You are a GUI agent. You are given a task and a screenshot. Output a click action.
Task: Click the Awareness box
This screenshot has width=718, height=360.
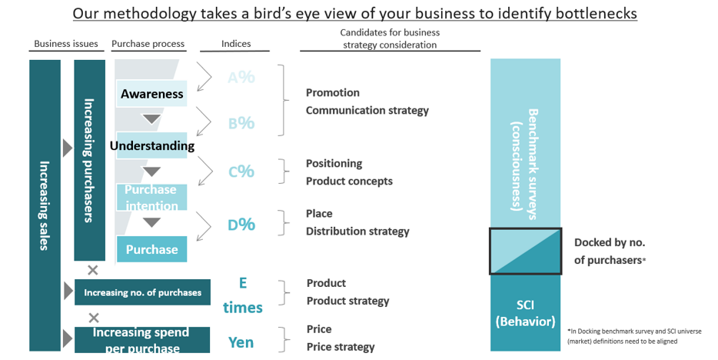(x=151, y=94)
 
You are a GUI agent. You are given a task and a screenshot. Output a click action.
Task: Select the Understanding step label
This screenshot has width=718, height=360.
(x=151, y=145)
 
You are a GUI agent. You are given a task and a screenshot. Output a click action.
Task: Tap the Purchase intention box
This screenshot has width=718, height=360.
(x=151, y=197)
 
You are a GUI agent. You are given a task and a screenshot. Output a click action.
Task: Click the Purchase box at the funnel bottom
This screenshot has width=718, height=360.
(x=151, y=249)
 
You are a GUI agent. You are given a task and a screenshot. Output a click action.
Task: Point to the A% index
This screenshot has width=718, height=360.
(x=241, y=77)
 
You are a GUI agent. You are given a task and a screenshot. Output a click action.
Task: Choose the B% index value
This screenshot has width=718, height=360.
(x=241, y=123)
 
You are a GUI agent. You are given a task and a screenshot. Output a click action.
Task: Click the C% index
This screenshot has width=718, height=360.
(x=241, y=172)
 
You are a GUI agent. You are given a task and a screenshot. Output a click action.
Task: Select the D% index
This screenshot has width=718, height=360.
(x=241, y=225)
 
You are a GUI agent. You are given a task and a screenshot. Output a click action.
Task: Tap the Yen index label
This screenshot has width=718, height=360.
(x=241, y=342)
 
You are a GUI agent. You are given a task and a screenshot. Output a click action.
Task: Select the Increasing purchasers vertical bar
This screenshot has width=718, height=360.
(x=89, y=160)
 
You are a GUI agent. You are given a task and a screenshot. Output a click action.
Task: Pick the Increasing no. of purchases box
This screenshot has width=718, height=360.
(x=142, y=292)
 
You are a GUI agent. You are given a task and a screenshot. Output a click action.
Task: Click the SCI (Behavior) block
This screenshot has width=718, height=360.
(x=526, y=312)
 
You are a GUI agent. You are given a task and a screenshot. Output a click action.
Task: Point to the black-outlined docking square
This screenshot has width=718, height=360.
(x=526, y=251)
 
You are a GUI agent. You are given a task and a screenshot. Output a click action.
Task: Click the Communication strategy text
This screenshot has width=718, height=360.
(x=367, y=110)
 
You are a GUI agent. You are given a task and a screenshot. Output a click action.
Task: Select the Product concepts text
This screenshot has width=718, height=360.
(x=349, y=182)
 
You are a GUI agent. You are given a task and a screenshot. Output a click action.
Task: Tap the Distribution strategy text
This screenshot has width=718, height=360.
(x=357, y=231)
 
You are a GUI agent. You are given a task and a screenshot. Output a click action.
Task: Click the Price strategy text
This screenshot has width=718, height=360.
(x=340, y=347)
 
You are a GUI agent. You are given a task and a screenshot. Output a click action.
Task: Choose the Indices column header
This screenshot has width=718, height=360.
(x=236, y=44)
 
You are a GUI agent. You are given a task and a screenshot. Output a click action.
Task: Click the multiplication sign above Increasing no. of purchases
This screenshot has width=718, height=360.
(x=93, y=270)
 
